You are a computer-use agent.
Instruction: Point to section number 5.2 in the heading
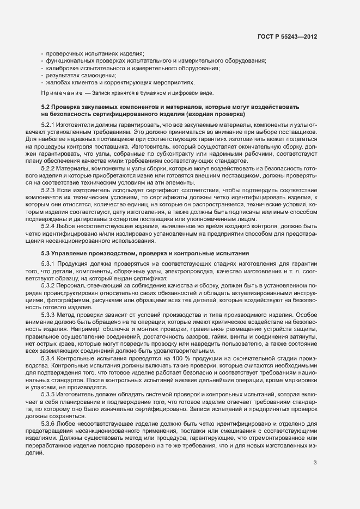pos(45,107)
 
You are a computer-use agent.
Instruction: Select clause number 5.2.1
pos(48,125)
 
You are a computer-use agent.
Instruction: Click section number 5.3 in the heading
pos(45,253)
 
